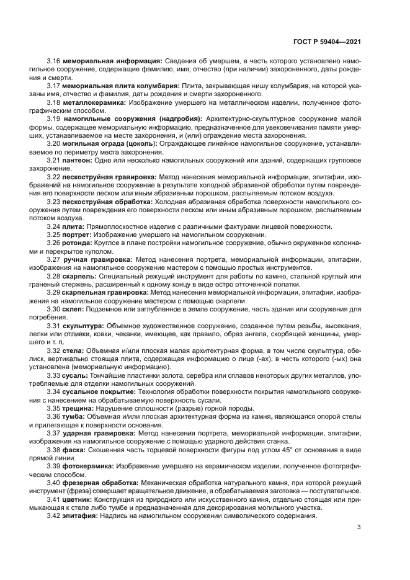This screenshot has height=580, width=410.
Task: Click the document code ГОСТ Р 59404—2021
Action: pos(326,42)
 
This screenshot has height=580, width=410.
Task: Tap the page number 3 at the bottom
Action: pos(359,527)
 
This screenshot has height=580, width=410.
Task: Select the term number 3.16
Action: pos(53,61)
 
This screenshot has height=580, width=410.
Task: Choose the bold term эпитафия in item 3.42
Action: pos(80,515)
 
